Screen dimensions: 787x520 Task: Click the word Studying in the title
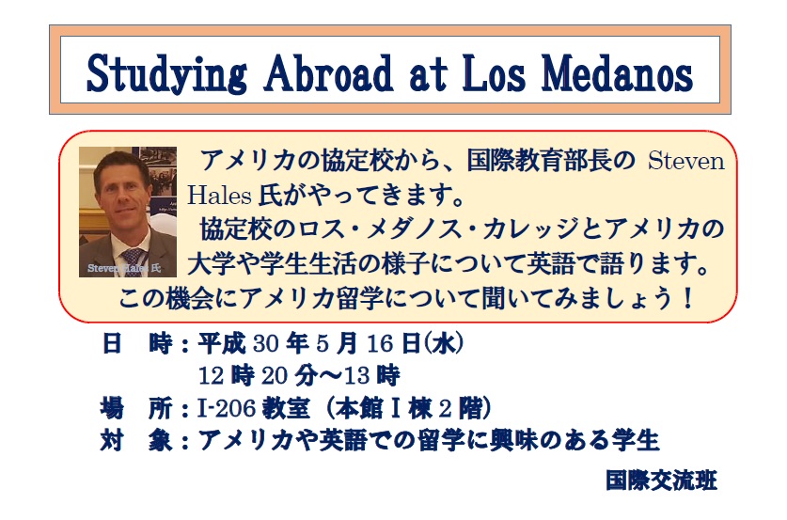166,74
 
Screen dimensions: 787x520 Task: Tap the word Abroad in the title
328,73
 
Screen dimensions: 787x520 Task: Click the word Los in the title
494,73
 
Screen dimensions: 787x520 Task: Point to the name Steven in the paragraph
686,162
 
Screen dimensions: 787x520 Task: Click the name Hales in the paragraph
219,196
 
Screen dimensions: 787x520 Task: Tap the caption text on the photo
124,268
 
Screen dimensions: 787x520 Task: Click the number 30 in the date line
265,344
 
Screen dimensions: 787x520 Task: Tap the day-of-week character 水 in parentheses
443,344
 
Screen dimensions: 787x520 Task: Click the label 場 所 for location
136,408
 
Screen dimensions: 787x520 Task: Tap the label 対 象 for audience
136,441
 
